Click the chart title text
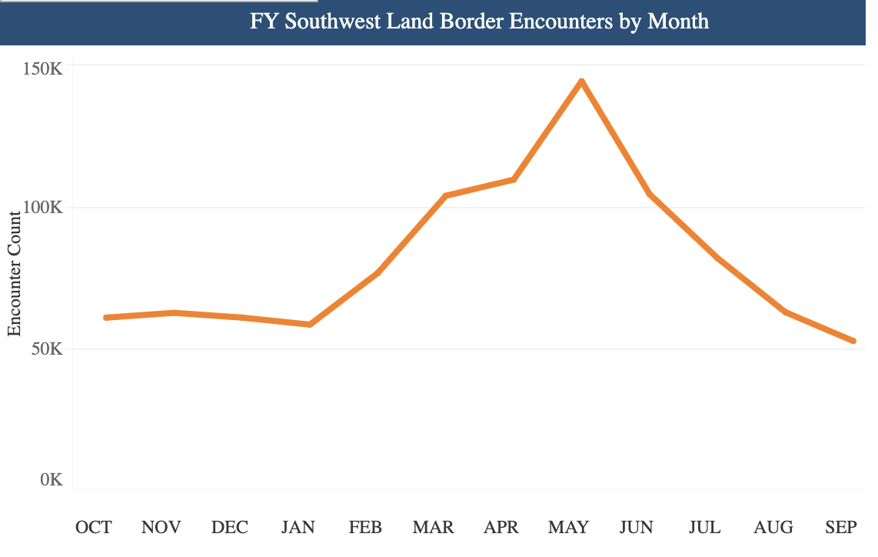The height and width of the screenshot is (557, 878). (479, 21)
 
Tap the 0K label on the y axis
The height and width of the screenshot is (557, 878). (52, 480)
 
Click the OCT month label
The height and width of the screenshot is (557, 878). (93, 527)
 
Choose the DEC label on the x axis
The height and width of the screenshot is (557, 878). (230, 527)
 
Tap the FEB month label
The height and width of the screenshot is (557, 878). (365, 527)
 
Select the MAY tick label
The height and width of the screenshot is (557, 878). (568, 527)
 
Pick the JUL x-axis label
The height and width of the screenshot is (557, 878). (704, 527)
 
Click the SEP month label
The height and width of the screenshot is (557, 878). (840, 527)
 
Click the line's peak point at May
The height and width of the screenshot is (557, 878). (582, 81)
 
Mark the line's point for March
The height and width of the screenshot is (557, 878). (446, 195)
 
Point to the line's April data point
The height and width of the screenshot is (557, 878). (514, 179)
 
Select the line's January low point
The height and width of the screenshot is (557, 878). (310, 325)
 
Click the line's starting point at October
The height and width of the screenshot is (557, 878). (105, 318)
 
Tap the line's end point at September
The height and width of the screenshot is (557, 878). (853, 341)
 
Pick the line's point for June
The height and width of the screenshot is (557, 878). (650, 194)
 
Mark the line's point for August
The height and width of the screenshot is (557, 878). (785, 312)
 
